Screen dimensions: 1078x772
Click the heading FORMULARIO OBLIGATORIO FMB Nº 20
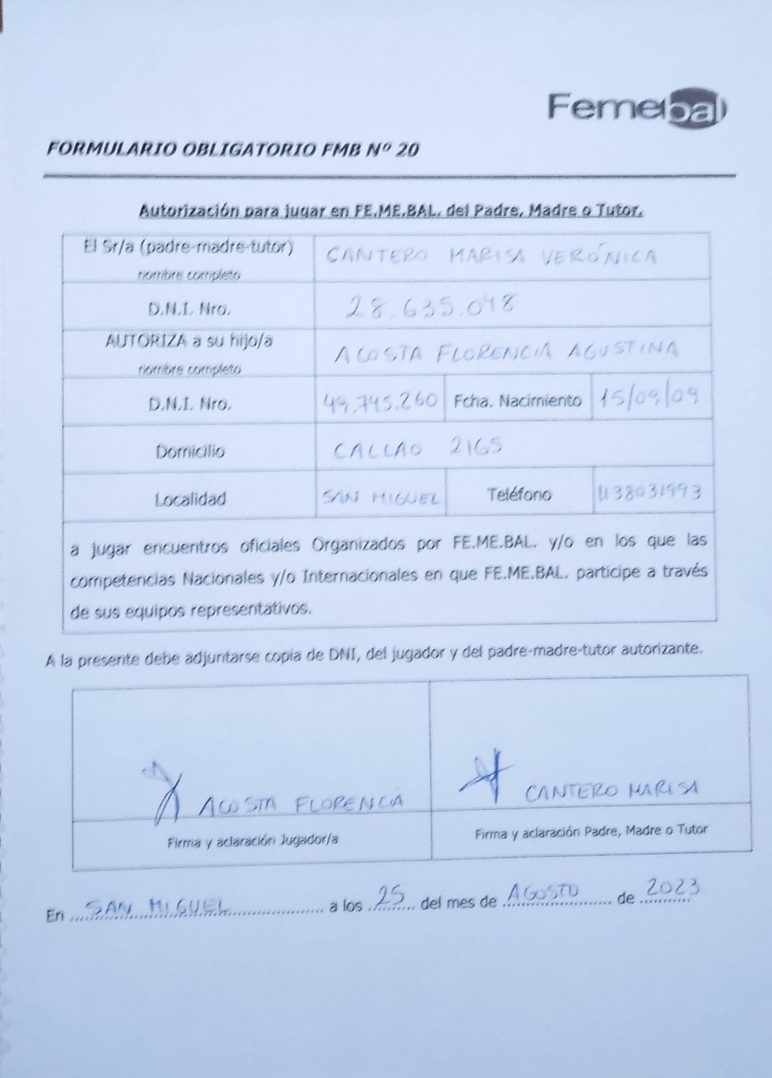point(233,149)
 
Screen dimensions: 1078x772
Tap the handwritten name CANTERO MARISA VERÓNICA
point(492,256)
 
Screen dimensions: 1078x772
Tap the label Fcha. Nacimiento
point(517,401)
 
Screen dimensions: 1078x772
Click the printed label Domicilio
point(189,451)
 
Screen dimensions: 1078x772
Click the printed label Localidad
point(189,499)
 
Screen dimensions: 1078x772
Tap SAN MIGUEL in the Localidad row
point(381,498)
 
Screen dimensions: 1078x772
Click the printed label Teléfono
point(518,495)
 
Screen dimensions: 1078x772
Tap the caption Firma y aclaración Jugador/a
point(252,839)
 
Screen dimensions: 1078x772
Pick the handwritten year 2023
point(670,889)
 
